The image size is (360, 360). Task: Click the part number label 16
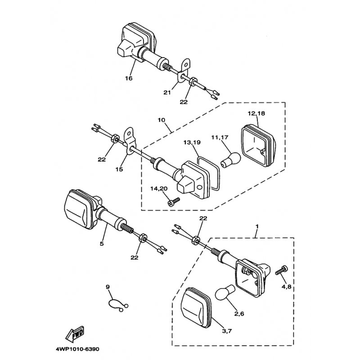129,78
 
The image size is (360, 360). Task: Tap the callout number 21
167,92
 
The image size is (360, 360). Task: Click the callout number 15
118,169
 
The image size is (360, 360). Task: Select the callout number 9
108,287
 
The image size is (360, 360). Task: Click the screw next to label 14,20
173,201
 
